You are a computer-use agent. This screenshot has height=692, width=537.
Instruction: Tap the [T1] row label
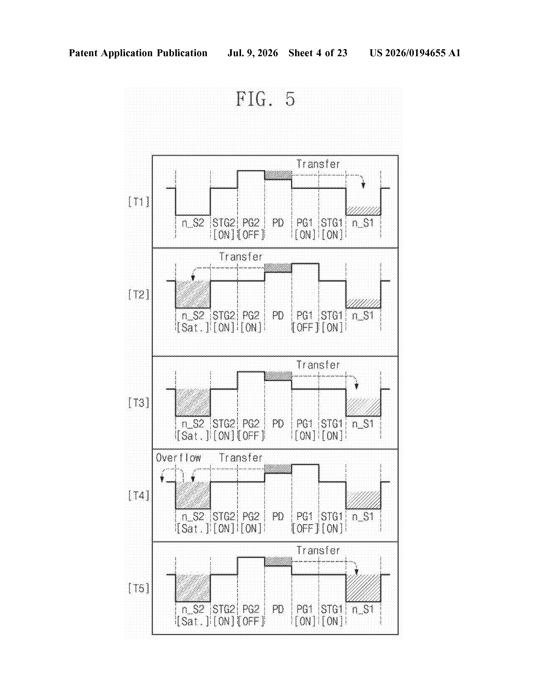[138, 202]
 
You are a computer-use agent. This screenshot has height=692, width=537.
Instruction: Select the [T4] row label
[138, 496]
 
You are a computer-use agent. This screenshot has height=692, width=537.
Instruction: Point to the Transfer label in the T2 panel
[241, 257]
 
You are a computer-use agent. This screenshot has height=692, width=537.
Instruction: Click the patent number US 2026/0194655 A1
[415, 53]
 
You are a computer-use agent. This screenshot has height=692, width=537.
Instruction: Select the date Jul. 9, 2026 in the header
[253, 53]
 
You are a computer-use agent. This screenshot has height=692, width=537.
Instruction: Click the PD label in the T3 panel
[278, 424]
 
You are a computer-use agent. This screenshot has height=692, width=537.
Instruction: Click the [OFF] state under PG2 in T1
[251, 235]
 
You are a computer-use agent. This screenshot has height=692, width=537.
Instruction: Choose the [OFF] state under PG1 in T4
[305, 528]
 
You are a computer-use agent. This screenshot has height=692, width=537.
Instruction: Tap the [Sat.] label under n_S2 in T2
[193, 328]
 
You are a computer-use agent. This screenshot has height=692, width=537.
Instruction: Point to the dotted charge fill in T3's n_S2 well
[193, 402]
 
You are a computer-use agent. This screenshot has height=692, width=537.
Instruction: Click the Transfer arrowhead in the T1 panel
[363, 185]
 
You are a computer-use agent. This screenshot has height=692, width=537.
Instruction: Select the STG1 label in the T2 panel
[332, 316]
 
